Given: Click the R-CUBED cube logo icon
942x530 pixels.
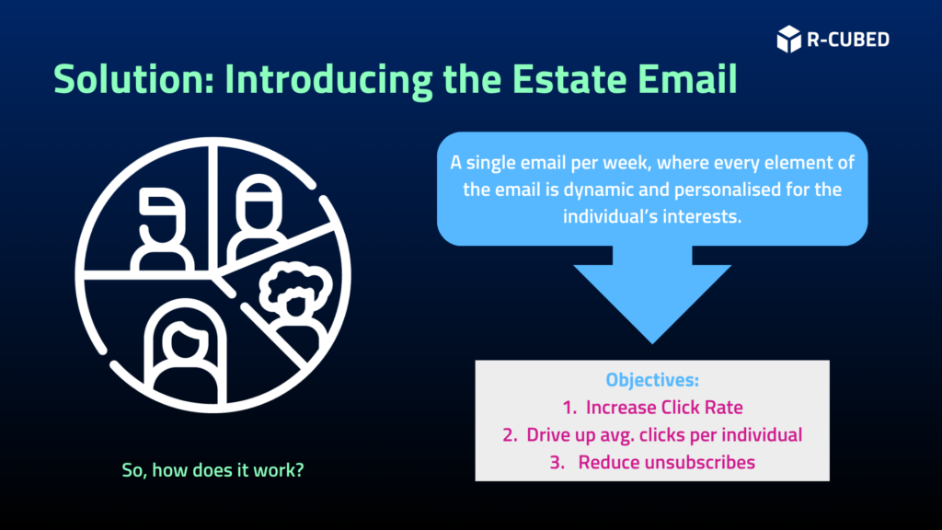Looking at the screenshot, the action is point(788,39).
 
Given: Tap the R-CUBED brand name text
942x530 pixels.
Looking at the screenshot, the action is point(847,40).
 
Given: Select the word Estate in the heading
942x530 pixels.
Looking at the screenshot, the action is point(569,79).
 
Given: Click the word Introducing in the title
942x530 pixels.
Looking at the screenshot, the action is point(328,80).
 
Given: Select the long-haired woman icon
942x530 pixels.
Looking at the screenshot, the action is point(185,351).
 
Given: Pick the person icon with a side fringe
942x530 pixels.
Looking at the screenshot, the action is point(161,229).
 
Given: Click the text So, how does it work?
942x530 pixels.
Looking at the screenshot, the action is point(213,470).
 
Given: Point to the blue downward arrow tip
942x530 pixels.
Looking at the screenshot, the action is point(652,343).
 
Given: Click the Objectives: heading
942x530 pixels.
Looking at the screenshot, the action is point(652,380).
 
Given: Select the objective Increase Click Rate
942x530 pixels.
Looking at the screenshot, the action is point(652,408).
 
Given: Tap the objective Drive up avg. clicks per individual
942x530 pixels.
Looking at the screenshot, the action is point(652,435).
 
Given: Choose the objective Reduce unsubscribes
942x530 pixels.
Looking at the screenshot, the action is point(652,462).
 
